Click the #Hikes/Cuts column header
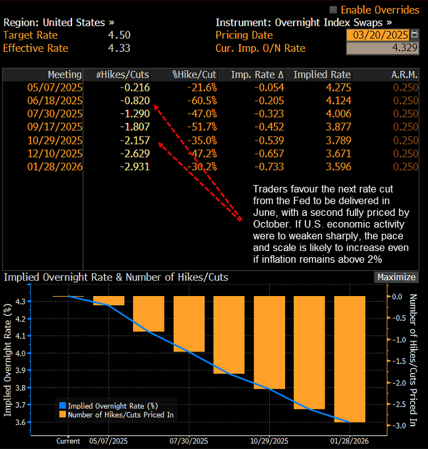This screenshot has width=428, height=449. point(119,75)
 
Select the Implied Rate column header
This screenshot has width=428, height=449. point(322,75)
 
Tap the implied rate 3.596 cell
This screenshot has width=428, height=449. point(338,167)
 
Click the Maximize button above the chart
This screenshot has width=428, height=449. point(396,278)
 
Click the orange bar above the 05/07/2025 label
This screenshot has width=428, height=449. point(109,300)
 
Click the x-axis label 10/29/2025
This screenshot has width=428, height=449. point(270,441)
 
